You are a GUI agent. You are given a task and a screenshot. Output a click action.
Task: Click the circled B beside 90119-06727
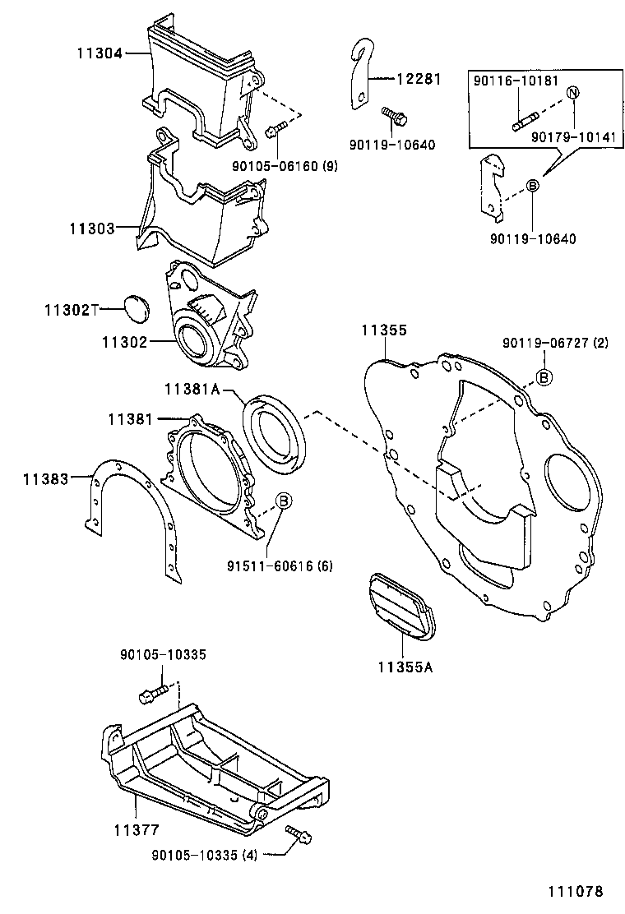coord(544,376)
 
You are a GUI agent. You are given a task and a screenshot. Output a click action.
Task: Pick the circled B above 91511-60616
coord(281,500)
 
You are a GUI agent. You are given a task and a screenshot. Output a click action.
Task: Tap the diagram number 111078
coord(574,891)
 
